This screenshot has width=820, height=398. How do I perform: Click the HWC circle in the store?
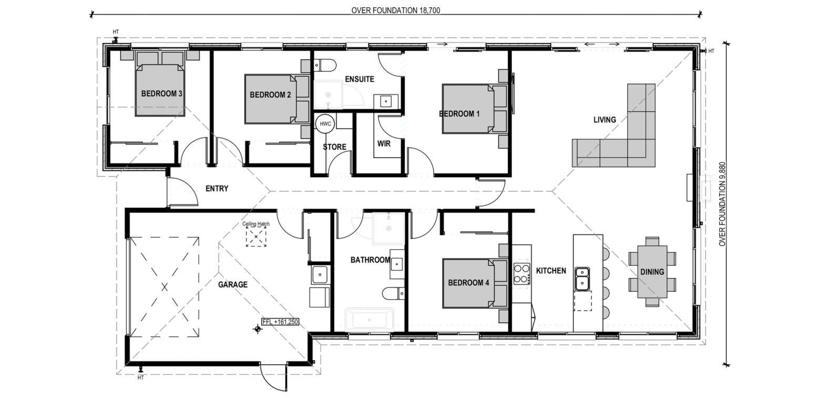325,124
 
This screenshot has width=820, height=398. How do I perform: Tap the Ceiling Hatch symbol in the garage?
256,237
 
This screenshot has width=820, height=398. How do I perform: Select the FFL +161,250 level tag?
280,322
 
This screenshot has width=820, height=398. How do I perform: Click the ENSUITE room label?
360,79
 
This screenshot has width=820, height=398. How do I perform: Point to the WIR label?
384,144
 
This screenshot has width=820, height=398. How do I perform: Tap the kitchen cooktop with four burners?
521,273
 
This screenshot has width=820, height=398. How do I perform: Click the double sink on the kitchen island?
582,279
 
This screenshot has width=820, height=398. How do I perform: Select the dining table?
652,272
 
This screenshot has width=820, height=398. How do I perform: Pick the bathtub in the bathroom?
369,320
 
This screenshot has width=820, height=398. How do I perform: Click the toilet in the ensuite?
325,66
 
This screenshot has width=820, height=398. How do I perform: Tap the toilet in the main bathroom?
393,293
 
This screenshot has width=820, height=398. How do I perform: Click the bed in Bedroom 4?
475,283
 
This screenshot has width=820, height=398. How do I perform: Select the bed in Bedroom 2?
277,99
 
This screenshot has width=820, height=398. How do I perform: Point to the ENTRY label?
217,189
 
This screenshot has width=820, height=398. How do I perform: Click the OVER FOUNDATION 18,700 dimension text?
396,10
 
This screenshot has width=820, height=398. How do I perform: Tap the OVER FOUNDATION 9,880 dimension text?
722,204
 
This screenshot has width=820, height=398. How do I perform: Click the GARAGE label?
233,284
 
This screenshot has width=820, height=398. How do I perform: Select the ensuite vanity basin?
385,101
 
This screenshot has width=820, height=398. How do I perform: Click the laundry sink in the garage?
320,274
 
